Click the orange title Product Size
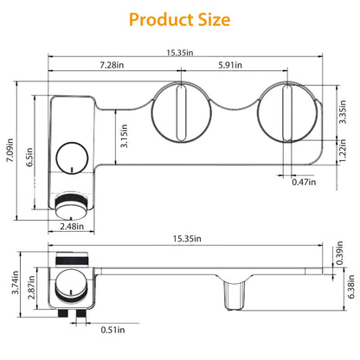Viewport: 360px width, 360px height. click(x=179, y=20)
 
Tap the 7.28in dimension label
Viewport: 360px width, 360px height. click(x=112, y=65)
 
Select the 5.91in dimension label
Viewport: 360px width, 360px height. click(x=230, y=65)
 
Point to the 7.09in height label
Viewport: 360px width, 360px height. click(x=10, y=150)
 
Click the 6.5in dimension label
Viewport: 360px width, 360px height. click(x=29, y=157)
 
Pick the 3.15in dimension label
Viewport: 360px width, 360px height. click(x=124, y=136)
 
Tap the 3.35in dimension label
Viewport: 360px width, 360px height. click(x=343, y=112)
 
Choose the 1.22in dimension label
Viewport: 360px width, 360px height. click(x=343, y=151)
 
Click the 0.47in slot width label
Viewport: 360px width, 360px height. click(x=304, y=182)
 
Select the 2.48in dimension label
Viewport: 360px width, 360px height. click(x=72, y=227)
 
